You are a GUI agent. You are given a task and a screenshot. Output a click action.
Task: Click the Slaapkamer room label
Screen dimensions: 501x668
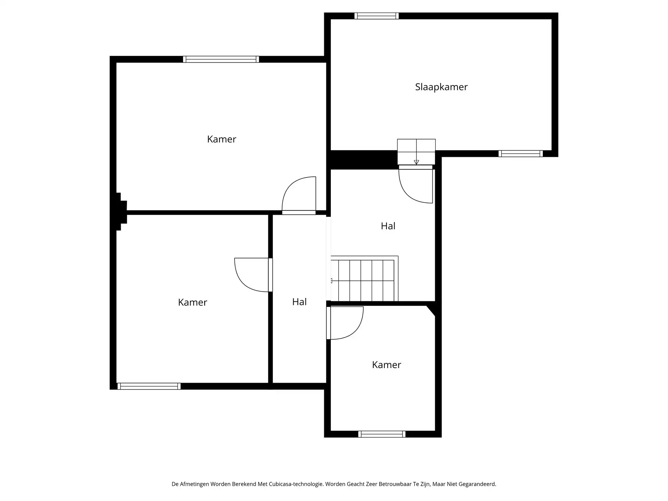pos(441,87)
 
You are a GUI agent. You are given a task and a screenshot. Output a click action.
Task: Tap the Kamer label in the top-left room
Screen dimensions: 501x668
pos(221,139)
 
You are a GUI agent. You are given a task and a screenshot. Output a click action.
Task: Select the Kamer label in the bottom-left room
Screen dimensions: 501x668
pos(192,302)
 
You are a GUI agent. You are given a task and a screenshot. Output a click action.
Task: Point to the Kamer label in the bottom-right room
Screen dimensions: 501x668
pos(386,365)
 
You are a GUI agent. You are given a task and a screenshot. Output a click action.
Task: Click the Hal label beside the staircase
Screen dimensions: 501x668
pos(388,226)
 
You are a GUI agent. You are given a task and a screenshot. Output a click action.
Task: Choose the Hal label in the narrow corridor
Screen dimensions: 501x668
pos(299,302)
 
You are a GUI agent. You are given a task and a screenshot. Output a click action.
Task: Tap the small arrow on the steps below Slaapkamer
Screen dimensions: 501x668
pos(416,162)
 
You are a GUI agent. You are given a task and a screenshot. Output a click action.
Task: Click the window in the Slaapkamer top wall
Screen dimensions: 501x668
pos(376,16)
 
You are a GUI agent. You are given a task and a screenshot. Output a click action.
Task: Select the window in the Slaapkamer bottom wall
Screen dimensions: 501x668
pos(520,153)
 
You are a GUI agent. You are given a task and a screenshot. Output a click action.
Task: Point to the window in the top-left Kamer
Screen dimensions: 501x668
pos(221,59)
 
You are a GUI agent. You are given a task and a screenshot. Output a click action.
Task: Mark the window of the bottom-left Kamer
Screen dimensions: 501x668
pos(149,386)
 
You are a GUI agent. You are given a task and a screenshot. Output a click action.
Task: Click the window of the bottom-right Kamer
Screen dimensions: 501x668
pos(382,434)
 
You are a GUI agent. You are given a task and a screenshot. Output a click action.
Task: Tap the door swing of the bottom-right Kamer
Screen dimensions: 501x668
pos(345,323)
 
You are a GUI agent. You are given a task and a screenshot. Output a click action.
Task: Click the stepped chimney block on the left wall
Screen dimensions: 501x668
pos(120,212)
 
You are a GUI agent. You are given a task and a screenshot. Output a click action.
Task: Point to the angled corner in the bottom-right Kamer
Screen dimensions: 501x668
pos(431,310)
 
